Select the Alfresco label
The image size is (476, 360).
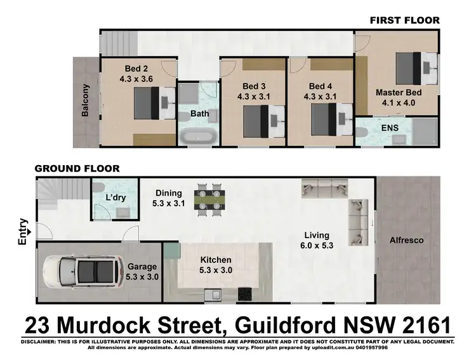point(407,241)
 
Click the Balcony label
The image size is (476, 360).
point(85,100)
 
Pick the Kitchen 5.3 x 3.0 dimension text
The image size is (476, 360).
point(216,265)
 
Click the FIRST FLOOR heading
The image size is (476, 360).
point(404,20)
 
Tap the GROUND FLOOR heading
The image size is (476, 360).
point(76,168)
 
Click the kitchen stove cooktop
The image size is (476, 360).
point(245,293)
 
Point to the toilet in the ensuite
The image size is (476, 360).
point(362,132)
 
